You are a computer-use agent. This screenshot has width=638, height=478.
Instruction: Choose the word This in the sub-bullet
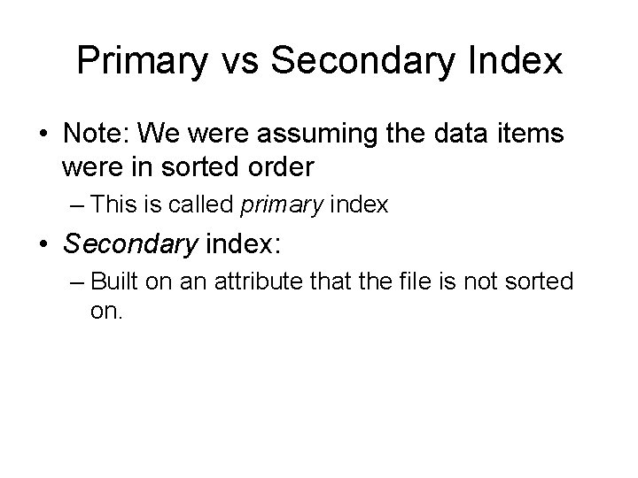tap(112, 205)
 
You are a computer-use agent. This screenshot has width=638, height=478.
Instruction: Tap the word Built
tap(114, 282)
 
